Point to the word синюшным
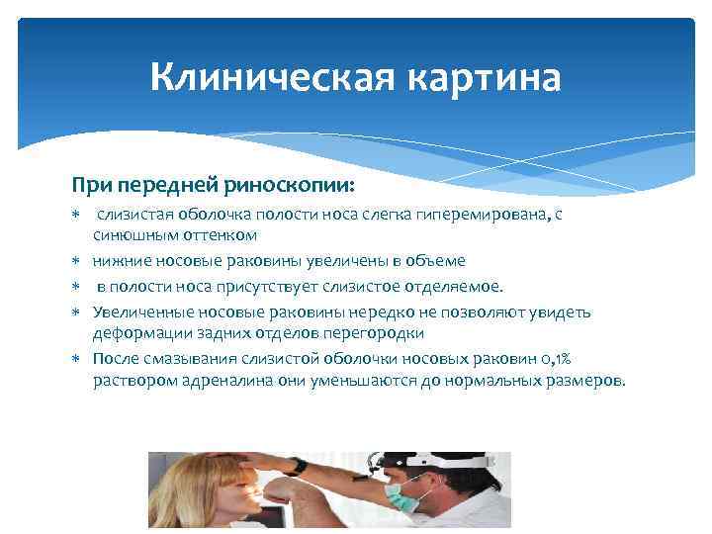point(133,235)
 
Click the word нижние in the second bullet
point(118,261)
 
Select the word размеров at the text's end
point(586,381)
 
